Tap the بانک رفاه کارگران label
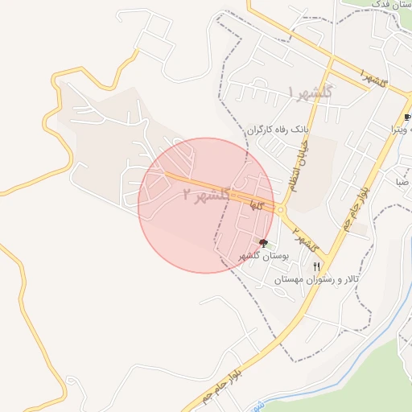tap(277, 128)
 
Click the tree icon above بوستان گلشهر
tap(264, 242)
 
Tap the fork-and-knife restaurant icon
tap(317, 266)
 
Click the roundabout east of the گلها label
tap(281, 210)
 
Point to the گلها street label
tap(256, 207)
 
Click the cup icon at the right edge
tap(407, 117)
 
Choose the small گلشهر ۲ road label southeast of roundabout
tap(306, 239)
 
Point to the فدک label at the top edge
tap(379, 4)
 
